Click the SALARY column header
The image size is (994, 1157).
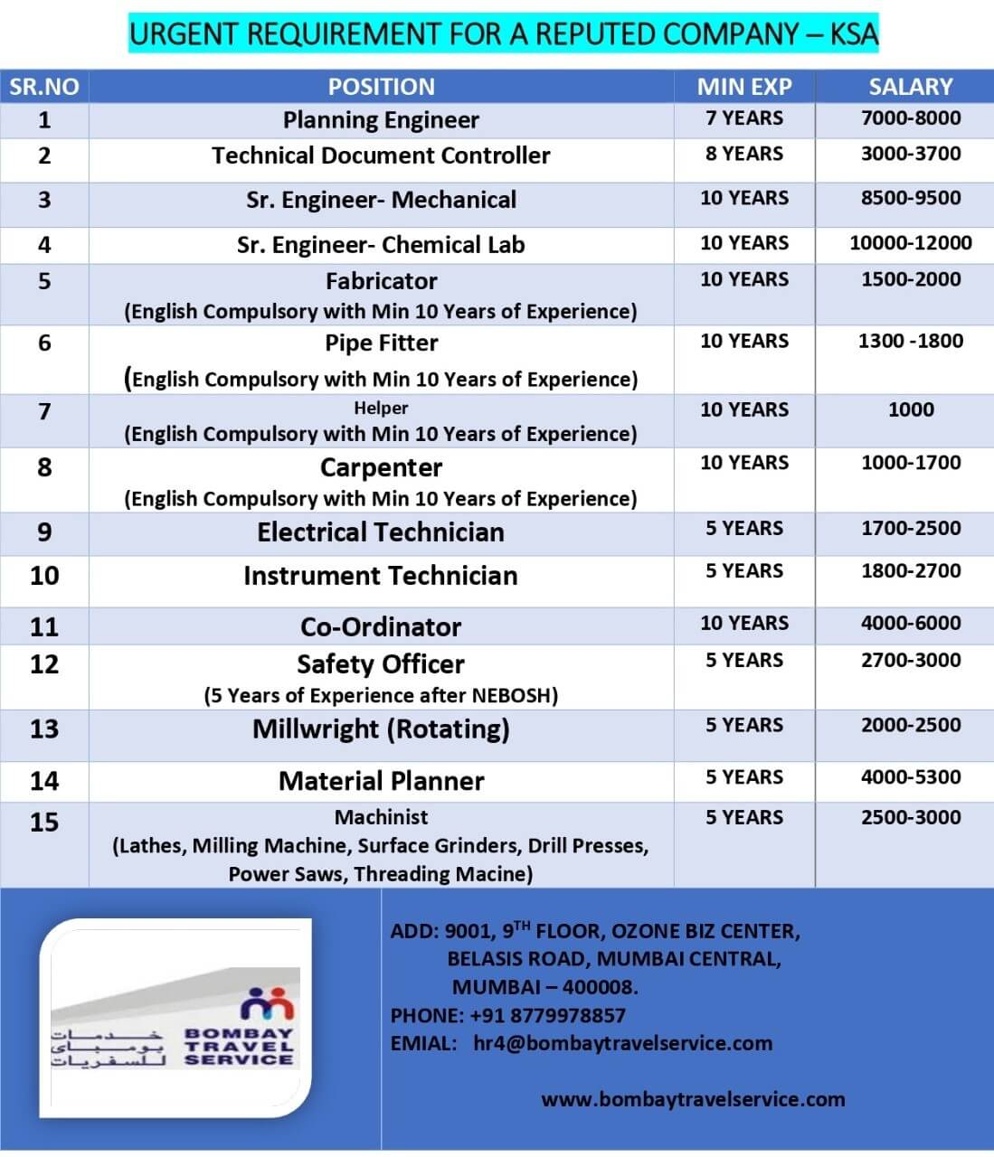910,87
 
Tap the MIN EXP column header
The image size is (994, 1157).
743,87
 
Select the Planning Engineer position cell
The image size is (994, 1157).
381,120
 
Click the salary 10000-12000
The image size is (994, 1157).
910,243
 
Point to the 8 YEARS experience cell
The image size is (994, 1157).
743,154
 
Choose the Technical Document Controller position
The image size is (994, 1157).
381,155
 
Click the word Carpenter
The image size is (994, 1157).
381,468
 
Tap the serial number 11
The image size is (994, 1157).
43,626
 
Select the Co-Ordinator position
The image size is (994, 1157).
381,626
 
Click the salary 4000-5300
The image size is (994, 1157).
910,777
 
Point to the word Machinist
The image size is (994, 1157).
381,817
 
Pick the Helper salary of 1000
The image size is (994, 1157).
910,409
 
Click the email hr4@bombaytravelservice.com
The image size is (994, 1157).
622,1043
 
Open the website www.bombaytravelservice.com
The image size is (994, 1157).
693,1099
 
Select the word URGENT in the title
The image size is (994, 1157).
184,34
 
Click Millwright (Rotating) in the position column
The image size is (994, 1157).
381,729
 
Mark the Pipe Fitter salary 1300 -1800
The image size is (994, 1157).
910,341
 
